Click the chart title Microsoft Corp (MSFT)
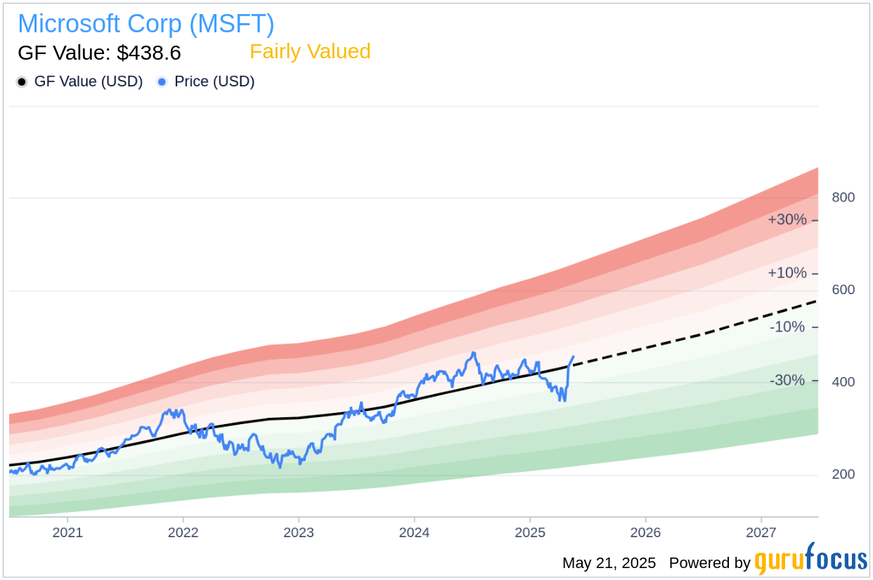[x=145, y=24]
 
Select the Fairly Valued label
[x=310, y=52]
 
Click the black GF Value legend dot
[x=22, y=82]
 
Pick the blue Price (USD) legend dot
[x=162, y=82]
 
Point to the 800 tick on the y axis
[x=843, y=197]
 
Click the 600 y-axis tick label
[x=843, y=290]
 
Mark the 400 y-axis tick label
[x=843, y=382]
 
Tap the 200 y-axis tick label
[x=843, y=475]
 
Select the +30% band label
[x=787, y=220]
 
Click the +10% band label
[x=787, y=273]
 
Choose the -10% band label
[x=788, y=327]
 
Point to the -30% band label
[x=788, y=381]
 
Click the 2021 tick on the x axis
[x=67, y=532]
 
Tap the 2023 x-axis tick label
[x=299, y=532]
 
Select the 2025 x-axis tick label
[x=530, y=532]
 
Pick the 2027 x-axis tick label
[x=761, y=532]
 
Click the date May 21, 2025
[x=609, y=563]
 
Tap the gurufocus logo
[x=810, y=560]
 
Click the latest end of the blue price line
[x=574, y=357]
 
